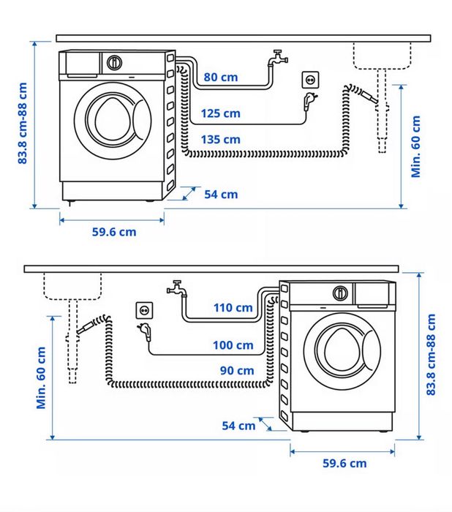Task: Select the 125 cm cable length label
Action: point(221,113)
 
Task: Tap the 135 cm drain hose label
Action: point(221,139)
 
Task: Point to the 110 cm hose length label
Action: point(233,307)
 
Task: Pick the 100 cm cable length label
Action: point(234,345)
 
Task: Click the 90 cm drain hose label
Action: point(237,371)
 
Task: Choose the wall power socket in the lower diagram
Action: point(144,309)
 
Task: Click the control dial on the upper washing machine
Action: point(114,63)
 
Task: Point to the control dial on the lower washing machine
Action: point(340,293)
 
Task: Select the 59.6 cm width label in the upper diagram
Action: point(113,232)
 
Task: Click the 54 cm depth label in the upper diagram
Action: point(220,194)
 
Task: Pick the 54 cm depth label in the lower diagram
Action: point(239,425)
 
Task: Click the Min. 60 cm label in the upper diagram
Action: point(416,146)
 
